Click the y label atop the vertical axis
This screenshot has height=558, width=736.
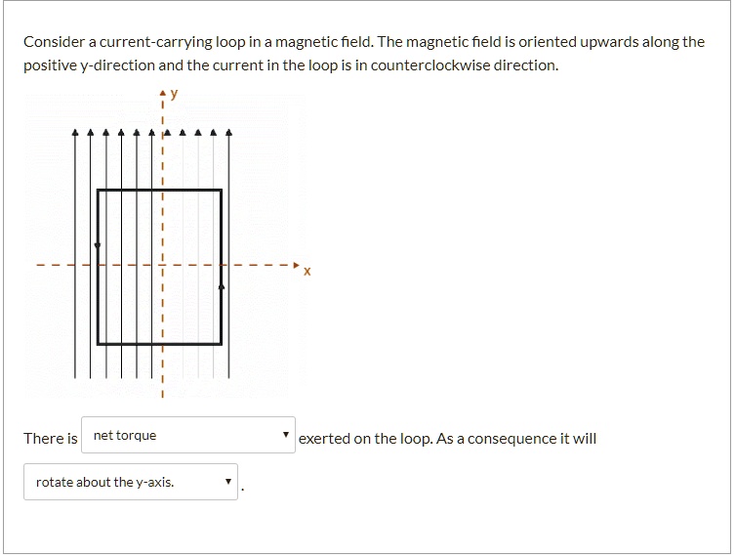(x=175, y=94)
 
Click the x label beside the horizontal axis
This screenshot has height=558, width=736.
(x=307, y=272)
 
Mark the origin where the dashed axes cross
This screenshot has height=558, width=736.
(x=163, y=265)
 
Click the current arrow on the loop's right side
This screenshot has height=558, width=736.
(x=222, y=286)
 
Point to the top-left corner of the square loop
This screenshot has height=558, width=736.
(x=98, y=190)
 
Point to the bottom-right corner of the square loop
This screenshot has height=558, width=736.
(x=222, y=344)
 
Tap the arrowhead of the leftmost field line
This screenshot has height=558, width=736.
(x=75, y=132)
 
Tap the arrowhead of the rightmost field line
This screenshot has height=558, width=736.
(x=229, y=132)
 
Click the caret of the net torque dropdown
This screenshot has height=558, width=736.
(x=285, y=435)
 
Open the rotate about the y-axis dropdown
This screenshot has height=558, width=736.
(x=131, y=482)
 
